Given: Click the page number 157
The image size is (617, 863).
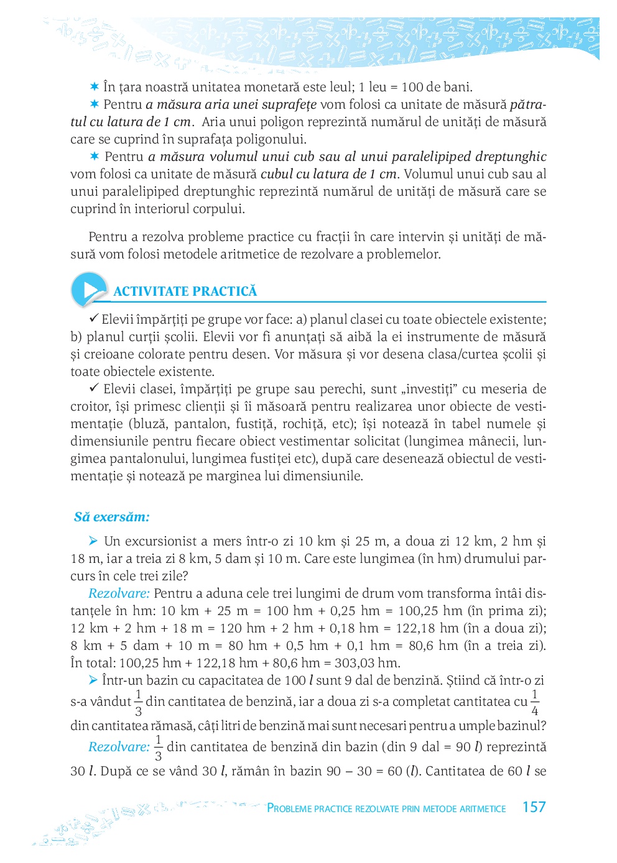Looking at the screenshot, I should (x=534, y=807).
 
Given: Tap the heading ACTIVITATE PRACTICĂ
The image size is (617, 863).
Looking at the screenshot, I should (x=185, y=291).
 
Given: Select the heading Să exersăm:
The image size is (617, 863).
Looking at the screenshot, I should (x=111, y=517).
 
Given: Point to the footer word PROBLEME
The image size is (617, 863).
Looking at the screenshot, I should (x=290, y=808).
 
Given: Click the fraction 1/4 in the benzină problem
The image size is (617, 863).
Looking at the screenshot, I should (x=535, y=702).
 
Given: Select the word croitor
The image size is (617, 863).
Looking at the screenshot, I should (x=90, y=406).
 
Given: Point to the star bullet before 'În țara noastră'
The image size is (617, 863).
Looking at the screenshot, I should (x=95, y=86).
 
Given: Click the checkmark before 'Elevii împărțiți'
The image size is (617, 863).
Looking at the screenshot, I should (x=94, y=319).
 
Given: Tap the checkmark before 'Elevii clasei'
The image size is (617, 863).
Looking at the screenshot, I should (x=94, y=388).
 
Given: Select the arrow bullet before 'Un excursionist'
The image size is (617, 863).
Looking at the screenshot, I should (x=93, y=541).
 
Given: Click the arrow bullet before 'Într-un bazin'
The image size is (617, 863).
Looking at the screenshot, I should (x=93, y=680).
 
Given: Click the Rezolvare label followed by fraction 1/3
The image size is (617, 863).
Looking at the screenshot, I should (x=119, y=747).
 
